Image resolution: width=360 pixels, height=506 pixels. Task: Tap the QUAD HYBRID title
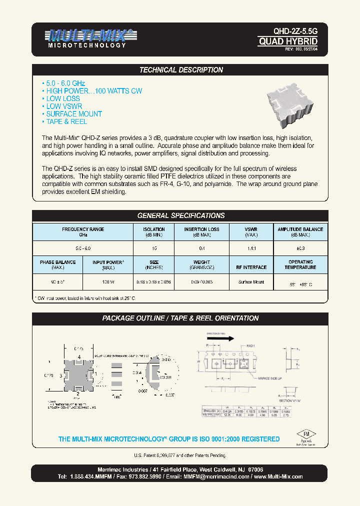287,41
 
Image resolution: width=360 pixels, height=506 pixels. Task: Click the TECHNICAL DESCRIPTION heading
180,70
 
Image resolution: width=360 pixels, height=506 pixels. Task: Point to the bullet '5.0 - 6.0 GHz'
64,83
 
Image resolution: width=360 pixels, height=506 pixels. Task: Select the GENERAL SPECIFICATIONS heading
180,215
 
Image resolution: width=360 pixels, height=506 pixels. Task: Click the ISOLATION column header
153,232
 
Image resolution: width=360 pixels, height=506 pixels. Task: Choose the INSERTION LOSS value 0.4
201,248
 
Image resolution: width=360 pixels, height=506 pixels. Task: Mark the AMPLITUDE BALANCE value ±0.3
300,248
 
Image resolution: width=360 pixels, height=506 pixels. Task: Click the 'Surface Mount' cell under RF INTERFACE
251,282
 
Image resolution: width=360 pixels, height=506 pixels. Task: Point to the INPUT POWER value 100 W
107,282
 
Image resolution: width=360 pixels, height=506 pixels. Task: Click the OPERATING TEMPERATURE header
300,264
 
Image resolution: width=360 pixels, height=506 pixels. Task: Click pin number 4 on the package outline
78,356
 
